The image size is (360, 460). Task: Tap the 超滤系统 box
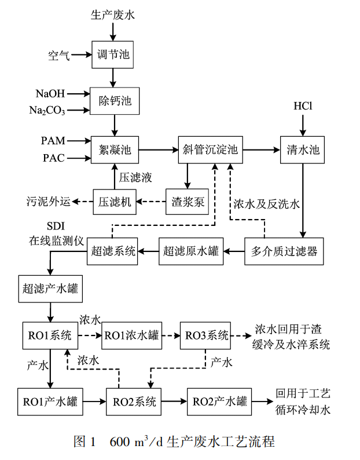point(113,251)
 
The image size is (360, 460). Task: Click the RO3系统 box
point(206,335)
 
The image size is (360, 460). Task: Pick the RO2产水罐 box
point(219,401)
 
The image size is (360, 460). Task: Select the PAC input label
point(53,158)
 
